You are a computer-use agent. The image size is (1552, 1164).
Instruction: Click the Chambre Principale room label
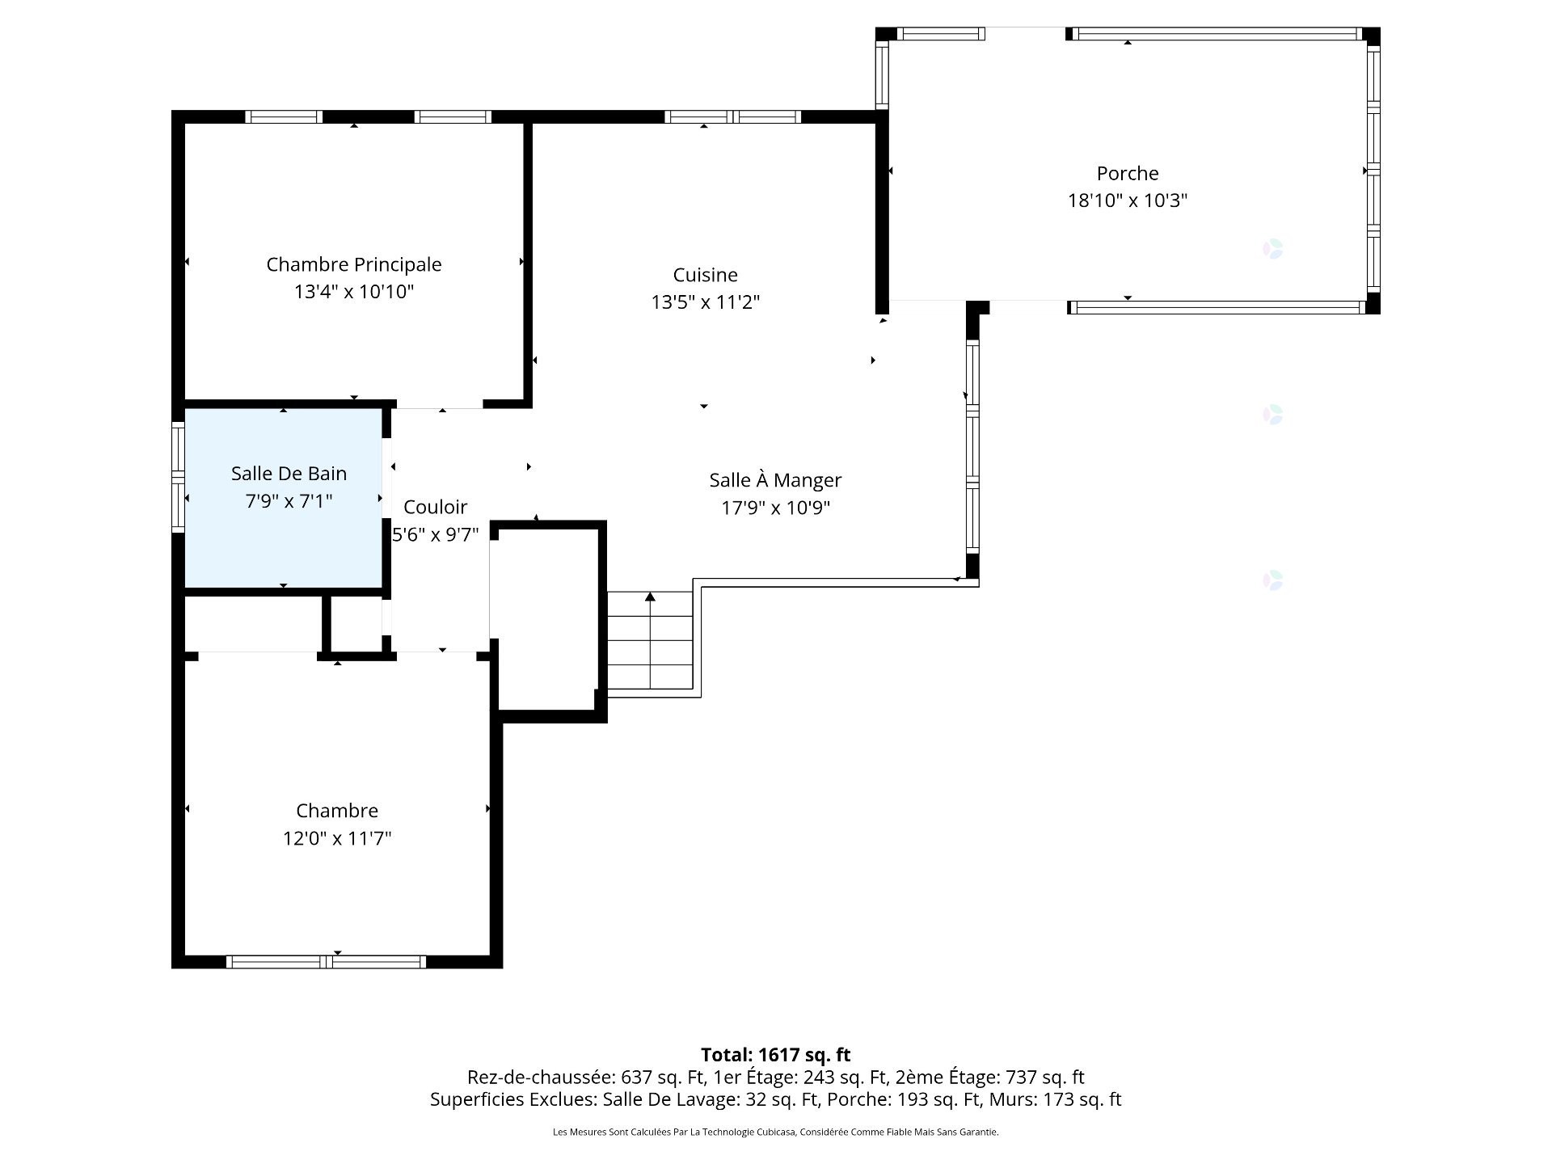[354, 264]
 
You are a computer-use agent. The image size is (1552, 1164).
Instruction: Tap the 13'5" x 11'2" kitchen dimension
[706, 302]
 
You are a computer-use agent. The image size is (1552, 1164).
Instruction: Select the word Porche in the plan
[1128, 173]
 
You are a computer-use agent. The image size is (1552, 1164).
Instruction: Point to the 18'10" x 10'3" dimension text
[1128, 200]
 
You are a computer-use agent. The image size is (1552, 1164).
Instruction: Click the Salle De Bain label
[289, 474]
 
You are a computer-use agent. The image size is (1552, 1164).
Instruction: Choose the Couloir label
[435, 507]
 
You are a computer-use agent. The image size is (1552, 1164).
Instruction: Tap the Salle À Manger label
[775, 480]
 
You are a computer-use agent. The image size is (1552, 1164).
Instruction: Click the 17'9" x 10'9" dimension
[776, 508]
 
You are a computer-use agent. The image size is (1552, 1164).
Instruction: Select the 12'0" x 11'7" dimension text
[337, 838]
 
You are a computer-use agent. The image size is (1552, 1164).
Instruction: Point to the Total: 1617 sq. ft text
[775, 1055]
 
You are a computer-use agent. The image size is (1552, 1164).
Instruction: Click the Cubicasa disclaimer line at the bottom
[775, 1132]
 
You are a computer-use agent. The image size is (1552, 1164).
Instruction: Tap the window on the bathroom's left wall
[178, 477]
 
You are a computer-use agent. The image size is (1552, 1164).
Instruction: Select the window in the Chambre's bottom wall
[326, 962]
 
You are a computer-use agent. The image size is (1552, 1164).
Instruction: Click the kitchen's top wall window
[732, 116]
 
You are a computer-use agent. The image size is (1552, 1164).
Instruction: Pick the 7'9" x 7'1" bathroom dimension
[289, 501]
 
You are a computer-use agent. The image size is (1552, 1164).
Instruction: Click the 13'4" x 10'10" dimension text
[354, 292]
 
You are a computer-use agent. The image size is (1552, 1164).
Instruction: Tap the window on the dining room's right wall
[972, 447]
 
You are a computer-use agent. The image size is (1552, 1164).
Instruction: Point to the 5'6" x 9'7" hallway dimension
[436, 534]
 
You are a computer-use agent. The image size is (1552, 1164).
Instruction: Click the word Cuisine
[706, 275]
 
